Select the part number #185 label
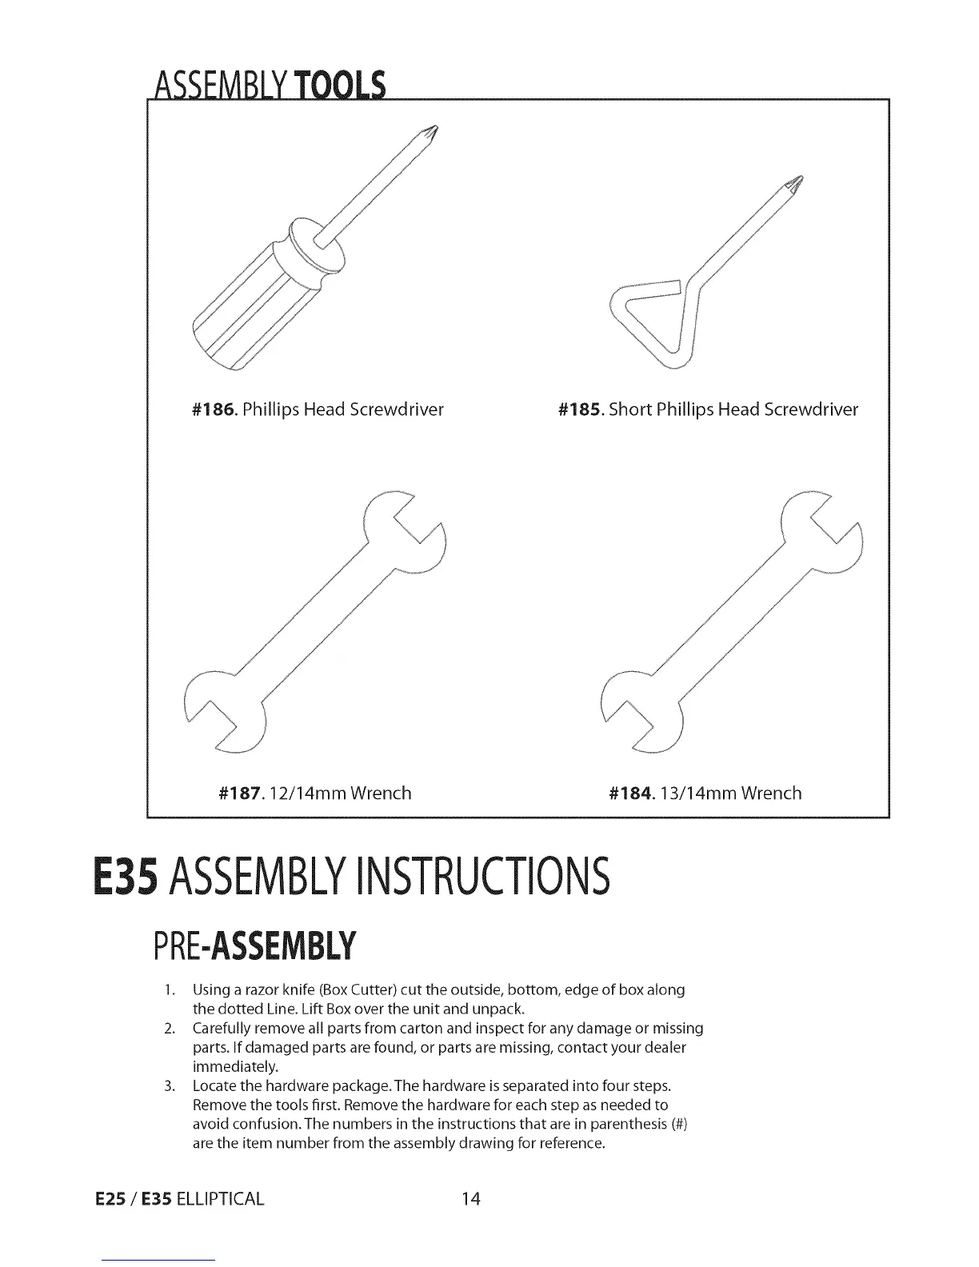pyautogui.click(x=580, y=410)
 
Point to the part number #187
pyautogui.click(x=240, y=793)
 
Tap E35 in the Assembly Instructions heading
pyautogui.click(x=126, y=876)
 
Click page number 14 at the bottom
pyautogui.click(x=471, y=1198)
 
